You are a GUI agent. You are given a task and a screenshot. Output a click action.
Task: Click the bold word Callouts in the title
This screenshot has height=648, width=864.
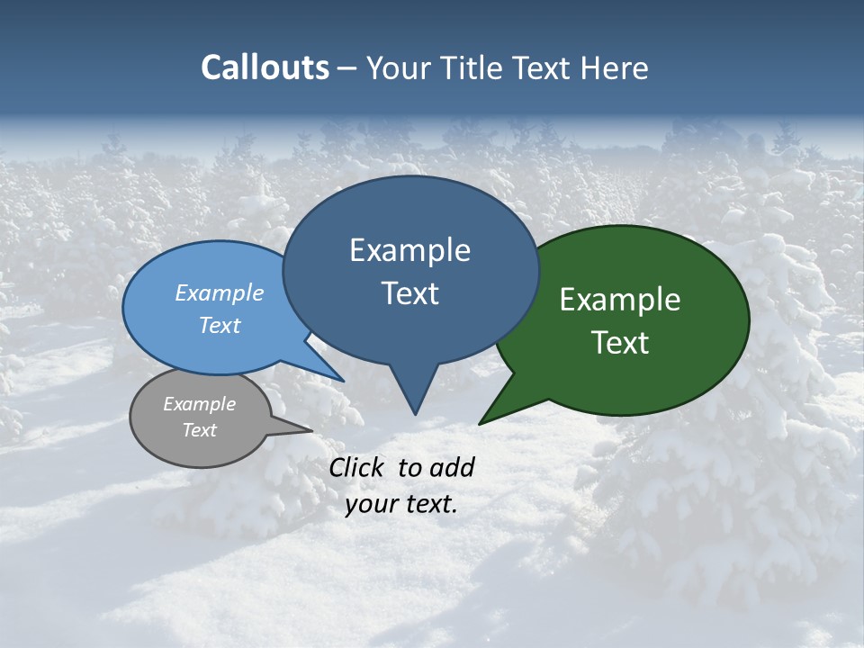click(x=265, y=67)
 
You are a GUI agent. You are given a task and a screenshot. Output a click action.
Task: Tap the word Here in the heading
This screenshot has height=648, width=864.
click(x=615, y=67)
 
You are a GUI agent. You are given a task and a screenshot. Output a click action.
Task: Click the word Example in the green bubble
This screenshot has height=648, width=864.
click(x=620, y=300)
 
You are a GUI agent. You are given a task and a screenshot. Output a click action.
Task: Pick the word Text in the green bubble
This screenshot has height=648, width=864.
click(x=620, y=343)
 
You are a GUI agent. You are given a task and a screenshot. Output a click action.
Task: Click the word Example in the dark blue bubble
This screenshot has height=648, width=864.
click(x=409, y=250)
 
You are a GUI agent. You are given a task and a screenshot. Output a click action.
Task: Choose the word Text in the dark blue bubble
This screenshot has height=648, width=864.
click(x=409, y=293)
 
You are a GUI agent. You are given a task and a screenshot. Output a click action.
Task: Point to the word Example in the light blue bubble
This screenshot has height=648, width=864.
click(x=219, y=292)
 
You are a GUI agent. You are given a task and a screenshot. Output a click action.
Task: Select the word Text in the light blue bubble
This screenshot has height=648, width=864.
click(x=219, y=325)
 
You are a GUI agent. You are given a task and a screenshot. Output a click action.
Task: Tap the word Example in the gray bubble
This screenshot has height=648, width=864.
click(x=199, y=404)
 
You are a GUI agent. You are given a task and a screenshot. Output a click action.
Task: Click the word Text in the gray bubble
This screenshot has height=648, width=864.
click(x=199, y=430)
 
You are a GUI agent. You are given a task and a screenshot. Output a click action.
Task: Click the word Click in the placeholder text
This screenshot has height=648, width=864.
click(x=358, y=467)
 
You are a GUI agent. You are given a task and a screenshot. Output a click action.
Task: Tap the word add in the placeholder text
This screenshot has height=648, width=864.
click(x=452, y=467)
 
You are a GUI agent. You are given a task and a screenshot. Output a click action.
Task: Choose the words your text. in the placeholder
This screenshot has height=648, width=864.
click(x=401, y=504)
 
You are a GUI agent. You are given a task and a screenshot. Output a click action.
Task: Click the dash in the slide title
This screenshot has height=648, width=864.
click(x=347, y=68)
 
